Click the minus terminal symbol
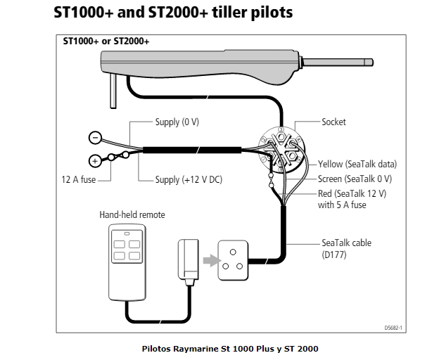pyautogui.click(x=95, y=138)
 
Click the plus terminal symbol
pyautogui.click(x=95, y=161)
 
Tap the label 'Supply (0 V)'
pyautogui.click(x=177, y=122)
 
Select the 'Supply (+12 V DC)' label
pyautogui.click(x=189, y=179)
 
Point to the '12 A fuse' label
pyautogui.click(x=78, y=179)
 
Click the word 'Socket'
pyautogui.click(x=333, y=122)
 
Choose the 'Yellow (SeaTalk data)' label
pyautogui.click(x=357, y=165)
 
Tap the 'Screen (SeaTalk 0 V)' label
pyautogui.click(x=355, y=179)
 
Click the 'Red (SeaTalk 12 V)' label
pyautogui.click(x=352, y=193)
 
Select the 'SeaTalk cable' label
pyautogui.click(x=346, y=243)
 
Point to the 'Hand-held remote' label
pyautogui.click(x=132, y=215)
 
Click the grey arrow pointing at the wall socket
pyautogui.click(x=212, y=261)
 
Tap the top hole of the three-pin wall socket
pyautogui.click(x=233, y=252)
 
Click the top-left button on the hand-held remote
pyautogui.click(x=120, y=244)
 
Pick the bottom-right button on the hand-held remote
pyautogui.click(x=134, y=256)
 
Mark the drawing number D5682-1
pyautogui.click(x=393, y=328)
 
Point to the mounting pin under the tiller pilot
pyautogui.click(x=113, y=91)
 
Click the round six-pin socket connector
pyautogui.click(x=281, y=150)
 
